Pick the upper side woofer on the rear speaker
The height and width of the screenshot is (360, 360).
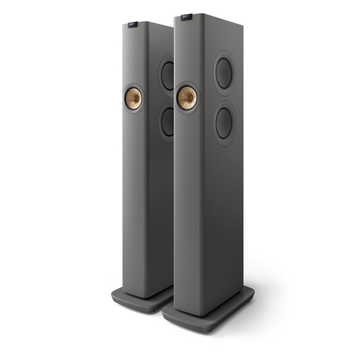[168, 74]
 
